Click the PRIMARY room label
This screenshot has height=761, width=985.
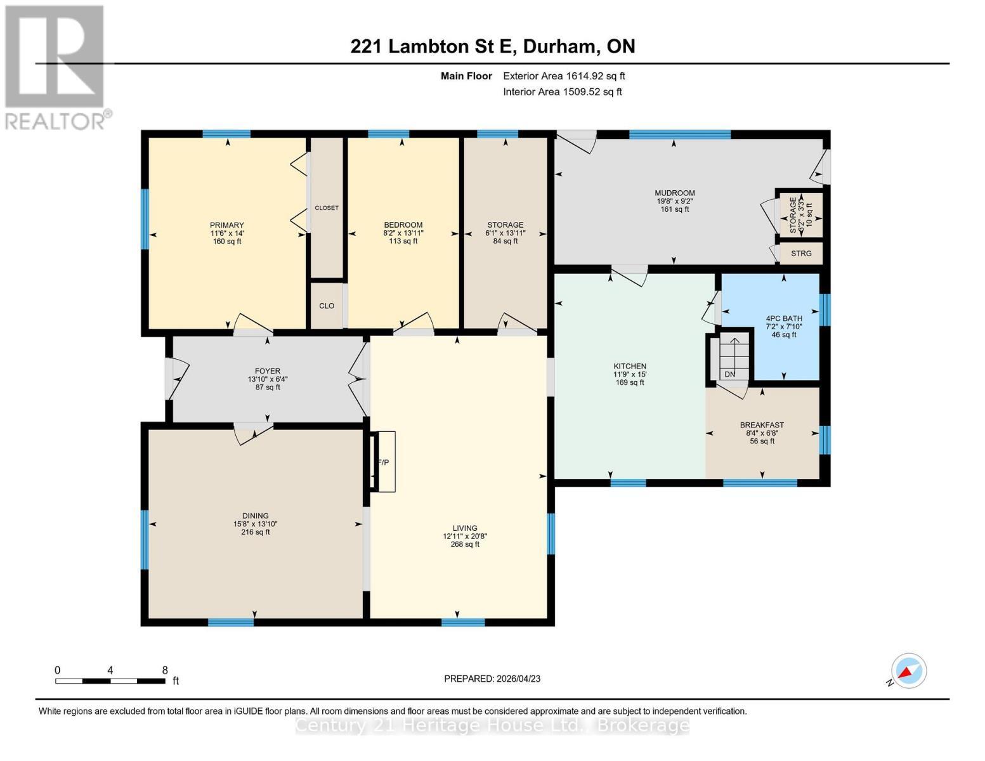point(227,225)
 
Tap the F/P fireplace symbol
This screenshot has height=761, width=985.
point(383,462)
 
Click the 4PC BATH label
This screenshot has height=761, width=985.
point(783,318)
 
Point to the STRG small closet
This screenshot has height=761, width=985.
point(801,254)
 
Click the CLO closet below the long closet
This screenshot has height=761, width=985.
point(327,306)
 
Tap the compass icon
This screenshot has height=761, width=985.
point(908,671)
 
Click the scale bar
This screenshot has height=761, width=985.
point(110,681)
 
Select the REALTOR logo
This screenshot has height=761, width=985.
point(56,67)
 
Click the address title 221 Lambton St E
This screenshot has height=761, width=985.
point(493,46)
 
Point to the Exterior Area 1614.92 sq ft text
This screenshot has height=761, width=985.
point(564,76)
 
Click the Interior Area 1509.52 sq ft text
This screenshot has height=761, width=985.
point(562,92)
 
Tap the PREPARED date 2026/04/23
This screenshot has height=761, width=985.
point(492,679)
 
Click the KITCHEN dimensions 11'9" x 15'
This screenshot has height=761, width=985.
point(629,374)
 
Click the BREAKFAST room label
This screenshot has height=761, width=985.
point(762,425)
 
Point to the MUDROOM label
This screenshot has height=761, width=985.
point(674,193)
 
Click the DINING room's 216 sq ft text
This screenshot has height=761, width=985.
point(255,532)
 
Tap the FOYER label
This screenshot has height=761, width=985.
point(267,371)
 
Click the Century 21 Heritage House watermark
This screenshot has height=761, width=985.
point(492,725)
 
